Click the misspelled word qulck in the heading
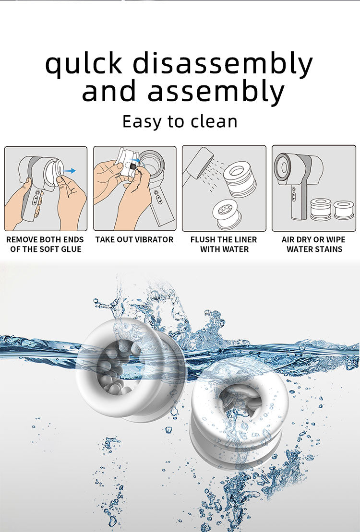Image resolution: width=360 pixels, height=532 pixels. [x=84, y=63]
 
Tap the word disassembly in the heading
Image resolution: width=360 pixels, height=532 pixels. [x=222, y=63]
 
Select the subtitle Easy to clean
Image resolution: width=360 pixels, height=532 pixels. [x=180, y=121]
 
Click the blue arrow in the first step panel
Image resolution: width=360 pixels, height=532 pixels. [x=70, y=171]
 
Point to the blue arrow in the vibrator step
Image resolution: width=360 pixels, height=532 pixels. [x=135, y=160]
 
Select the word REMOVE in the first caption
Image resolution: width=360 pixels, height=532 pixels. [x=22, y=239]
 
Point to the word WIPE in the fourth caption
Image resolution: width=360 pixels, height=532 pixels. [x=336, y=239]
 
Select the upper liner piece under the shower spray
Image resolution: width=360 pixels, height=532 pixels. [x=240, y=179]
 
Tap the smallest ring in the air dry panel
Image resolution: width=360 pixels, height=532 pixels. [x=344, y=210]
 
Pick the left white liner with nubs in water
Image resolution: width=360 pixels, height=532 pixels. [x=131, y=370]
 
